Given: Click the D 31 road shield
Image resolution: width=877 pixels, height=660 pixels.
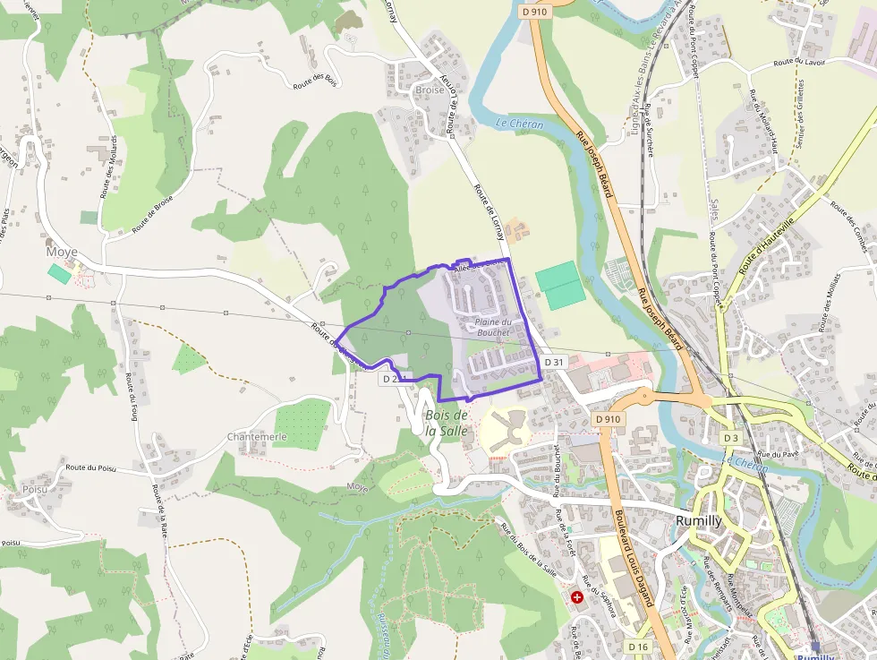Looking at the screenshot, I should pos(554,362).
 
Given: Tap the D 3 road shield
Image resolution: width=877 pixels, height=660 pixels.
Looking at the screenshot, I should pos(731,437).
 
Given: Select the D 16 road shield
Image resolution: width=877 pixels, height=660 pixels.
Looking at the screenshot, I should pos(637,647).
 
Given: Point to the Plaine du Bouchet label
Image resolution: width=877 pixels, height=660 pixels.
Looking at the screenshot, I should pos(493,327).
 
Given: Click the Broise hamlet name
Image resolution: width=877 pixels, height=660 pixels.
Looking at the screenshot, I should pos(430,90).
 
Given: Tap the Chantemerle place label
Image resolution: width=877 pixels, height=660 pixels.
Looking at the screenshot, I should pos(257,436).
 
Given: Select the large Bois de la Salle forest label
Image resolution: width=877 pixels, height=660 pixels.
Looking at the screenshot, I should pos(447,422).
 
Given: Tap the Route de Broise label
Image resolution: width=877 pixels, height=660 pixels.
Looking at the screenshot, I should pos(151,215).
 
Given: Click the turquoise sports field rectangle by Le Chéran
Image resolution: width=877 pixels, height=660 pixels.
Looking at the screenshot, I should pos(561,284).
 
